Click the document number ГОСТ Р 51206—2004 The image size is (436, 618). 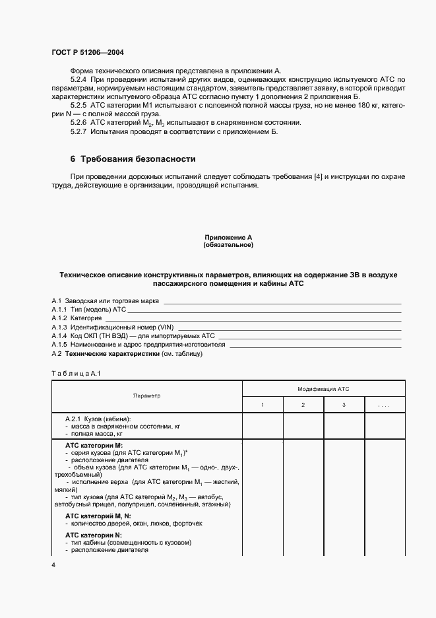(86, 51)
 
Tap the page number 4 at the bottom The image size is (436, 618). (53, 565)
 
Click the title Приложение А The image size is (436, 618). (228, 237)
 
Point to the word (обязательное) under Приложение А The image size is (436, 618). (228, 244)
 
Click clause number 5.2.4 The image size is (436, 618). (79, 79)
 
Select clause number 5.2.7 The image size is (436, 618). (79, 131)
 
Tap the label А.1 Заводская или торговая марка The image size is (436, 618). (105, 300)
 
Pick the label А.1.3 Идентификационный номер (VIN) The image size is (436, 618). (111, 327)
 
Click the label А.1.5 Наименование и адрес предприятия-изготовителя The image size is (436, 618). (139, 344)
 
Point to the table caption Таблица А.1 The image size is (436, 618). (75, 374)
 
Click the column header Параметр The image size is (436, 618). (146, 395)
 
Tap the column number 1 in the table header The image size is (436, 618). (263, 404)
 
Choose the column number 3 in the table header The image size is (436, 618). (343, 404)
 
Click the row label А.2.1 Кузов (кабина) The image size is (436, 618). (98, 419)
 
